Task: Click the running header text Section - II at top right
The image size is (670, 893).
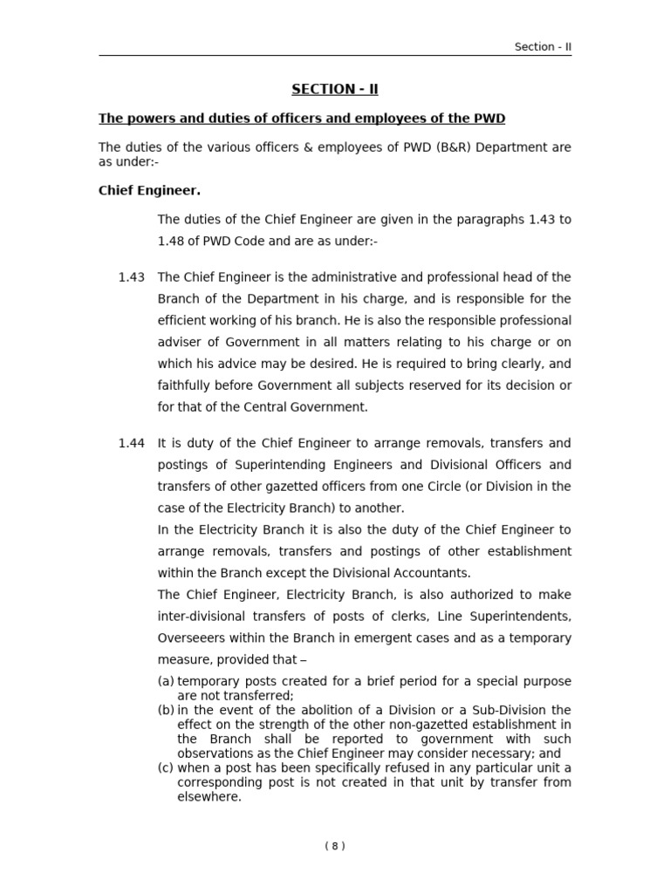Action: tap(543, 47)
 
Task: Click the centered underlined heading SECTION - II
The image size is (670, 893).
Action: tap(335, 89)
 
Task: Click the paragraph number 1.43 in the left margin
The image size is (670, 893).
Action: tap(131, 277)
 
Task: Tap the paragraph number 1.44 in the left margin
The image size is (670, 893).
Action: tap(131, 443)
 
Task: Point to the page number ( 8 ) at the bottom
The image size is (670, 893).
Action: tap(335, 845)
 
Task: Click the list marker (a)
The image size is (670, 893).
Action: tap(166, 681)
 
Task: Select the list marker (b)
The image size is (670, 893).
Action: tap(166, 710)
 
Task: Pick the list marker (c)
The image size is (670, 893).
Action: tap(166, 767)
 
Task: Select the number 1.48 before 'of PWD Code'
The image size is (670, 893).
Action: tap(173, 241)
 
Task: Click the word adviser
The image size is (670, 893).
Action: tap(181, 342)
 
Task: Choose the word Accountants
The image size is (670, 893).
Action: tap(431, 573)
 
